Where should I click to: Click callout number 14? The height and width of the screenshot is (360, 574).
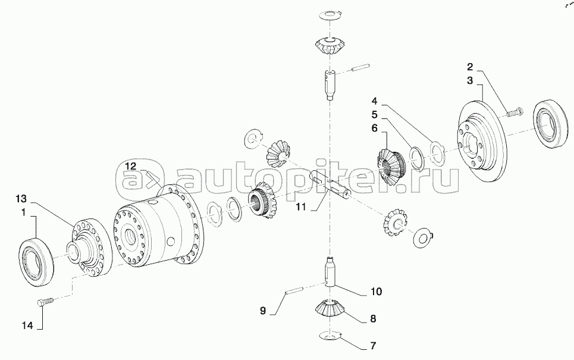pos(27,325)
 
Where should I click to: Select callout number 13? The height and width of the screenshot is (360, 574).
pos(21,199)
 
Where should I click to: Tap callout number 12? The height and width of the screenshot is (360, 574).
pos(130,166)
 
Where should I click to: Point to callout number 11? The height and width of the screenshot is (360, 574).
pos(300,207)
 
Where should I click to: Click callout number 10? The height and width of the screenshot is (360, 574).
pos(377,292)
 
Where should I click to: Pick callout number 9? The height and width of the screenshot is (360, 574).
pos(263,311)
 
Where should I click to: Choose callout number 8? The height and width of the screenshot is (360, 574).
pos(373,318)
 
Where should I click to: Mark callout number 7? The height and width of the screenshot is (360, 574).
pos(373,346)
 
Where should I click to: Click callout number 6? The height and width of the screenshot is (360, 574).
pos(374,128)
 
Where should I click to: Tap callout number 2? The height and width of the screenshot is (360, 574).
pos(470,67)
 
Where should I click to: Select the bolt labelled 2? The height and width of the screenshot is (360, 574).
pos(515,112)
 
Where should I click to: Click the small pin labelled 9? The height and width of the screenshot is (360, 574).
pos(293,292)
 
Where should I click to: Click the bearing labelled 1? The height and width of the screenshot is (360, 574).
pos(36,261)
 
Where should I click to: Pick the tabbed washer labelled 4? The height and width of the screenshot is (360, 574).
pos(437,152)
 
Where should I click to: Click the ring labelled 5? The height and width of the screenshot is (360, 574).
pos(416,158)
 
